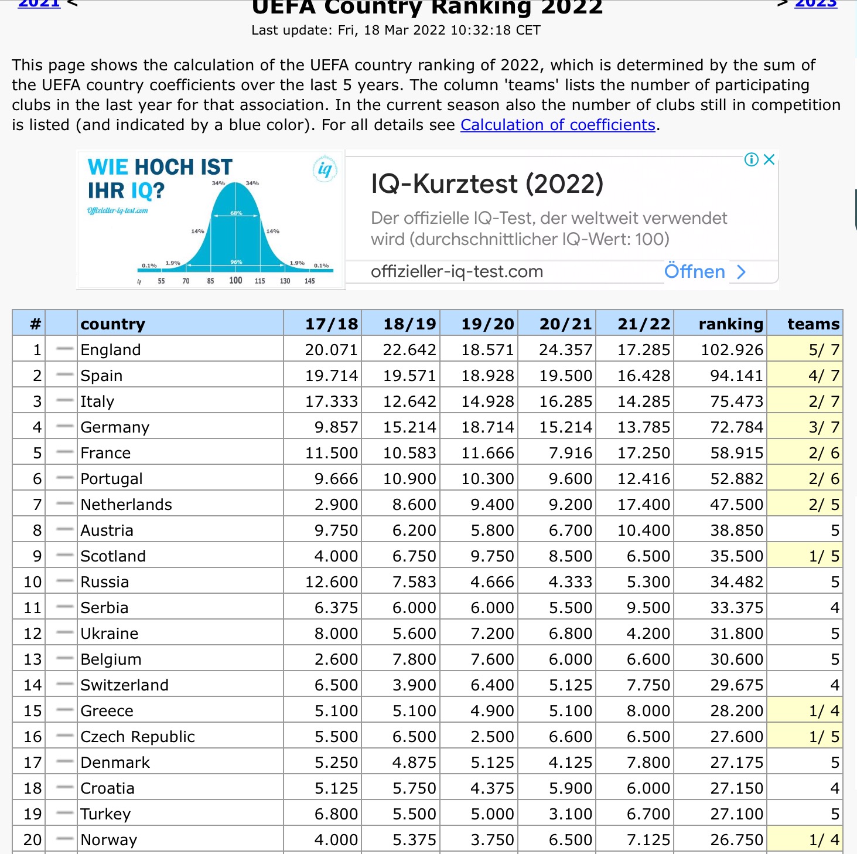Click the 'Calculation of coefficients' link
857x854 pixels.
point(558,125)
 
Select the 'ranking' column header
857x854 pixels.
point(730,324)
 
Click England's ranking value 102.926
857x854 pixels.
point(732,350)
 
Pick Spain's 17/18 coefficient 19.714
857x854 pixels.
point(331,376)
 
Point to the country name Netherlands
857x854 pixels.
point(127,505)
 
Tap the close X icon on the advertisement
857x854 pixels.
point(769,159)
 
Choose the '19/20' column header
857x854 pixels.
point(487,324)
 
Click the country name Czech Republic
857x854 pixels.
point(138,737)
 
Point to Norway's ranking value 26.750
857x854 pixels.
point(736,840)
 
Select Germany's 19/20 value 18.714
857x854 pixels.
point(487,427)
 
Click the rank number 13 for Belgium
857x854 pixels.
point(33,659)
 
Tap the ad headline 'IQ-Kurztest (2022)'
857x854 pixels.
point(487,184)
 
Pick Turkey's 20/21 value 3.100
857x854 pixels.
point(570,814)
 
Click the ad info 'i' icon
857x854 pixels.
point(751,159)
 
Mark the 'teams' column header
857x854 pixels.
point(813,324)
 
